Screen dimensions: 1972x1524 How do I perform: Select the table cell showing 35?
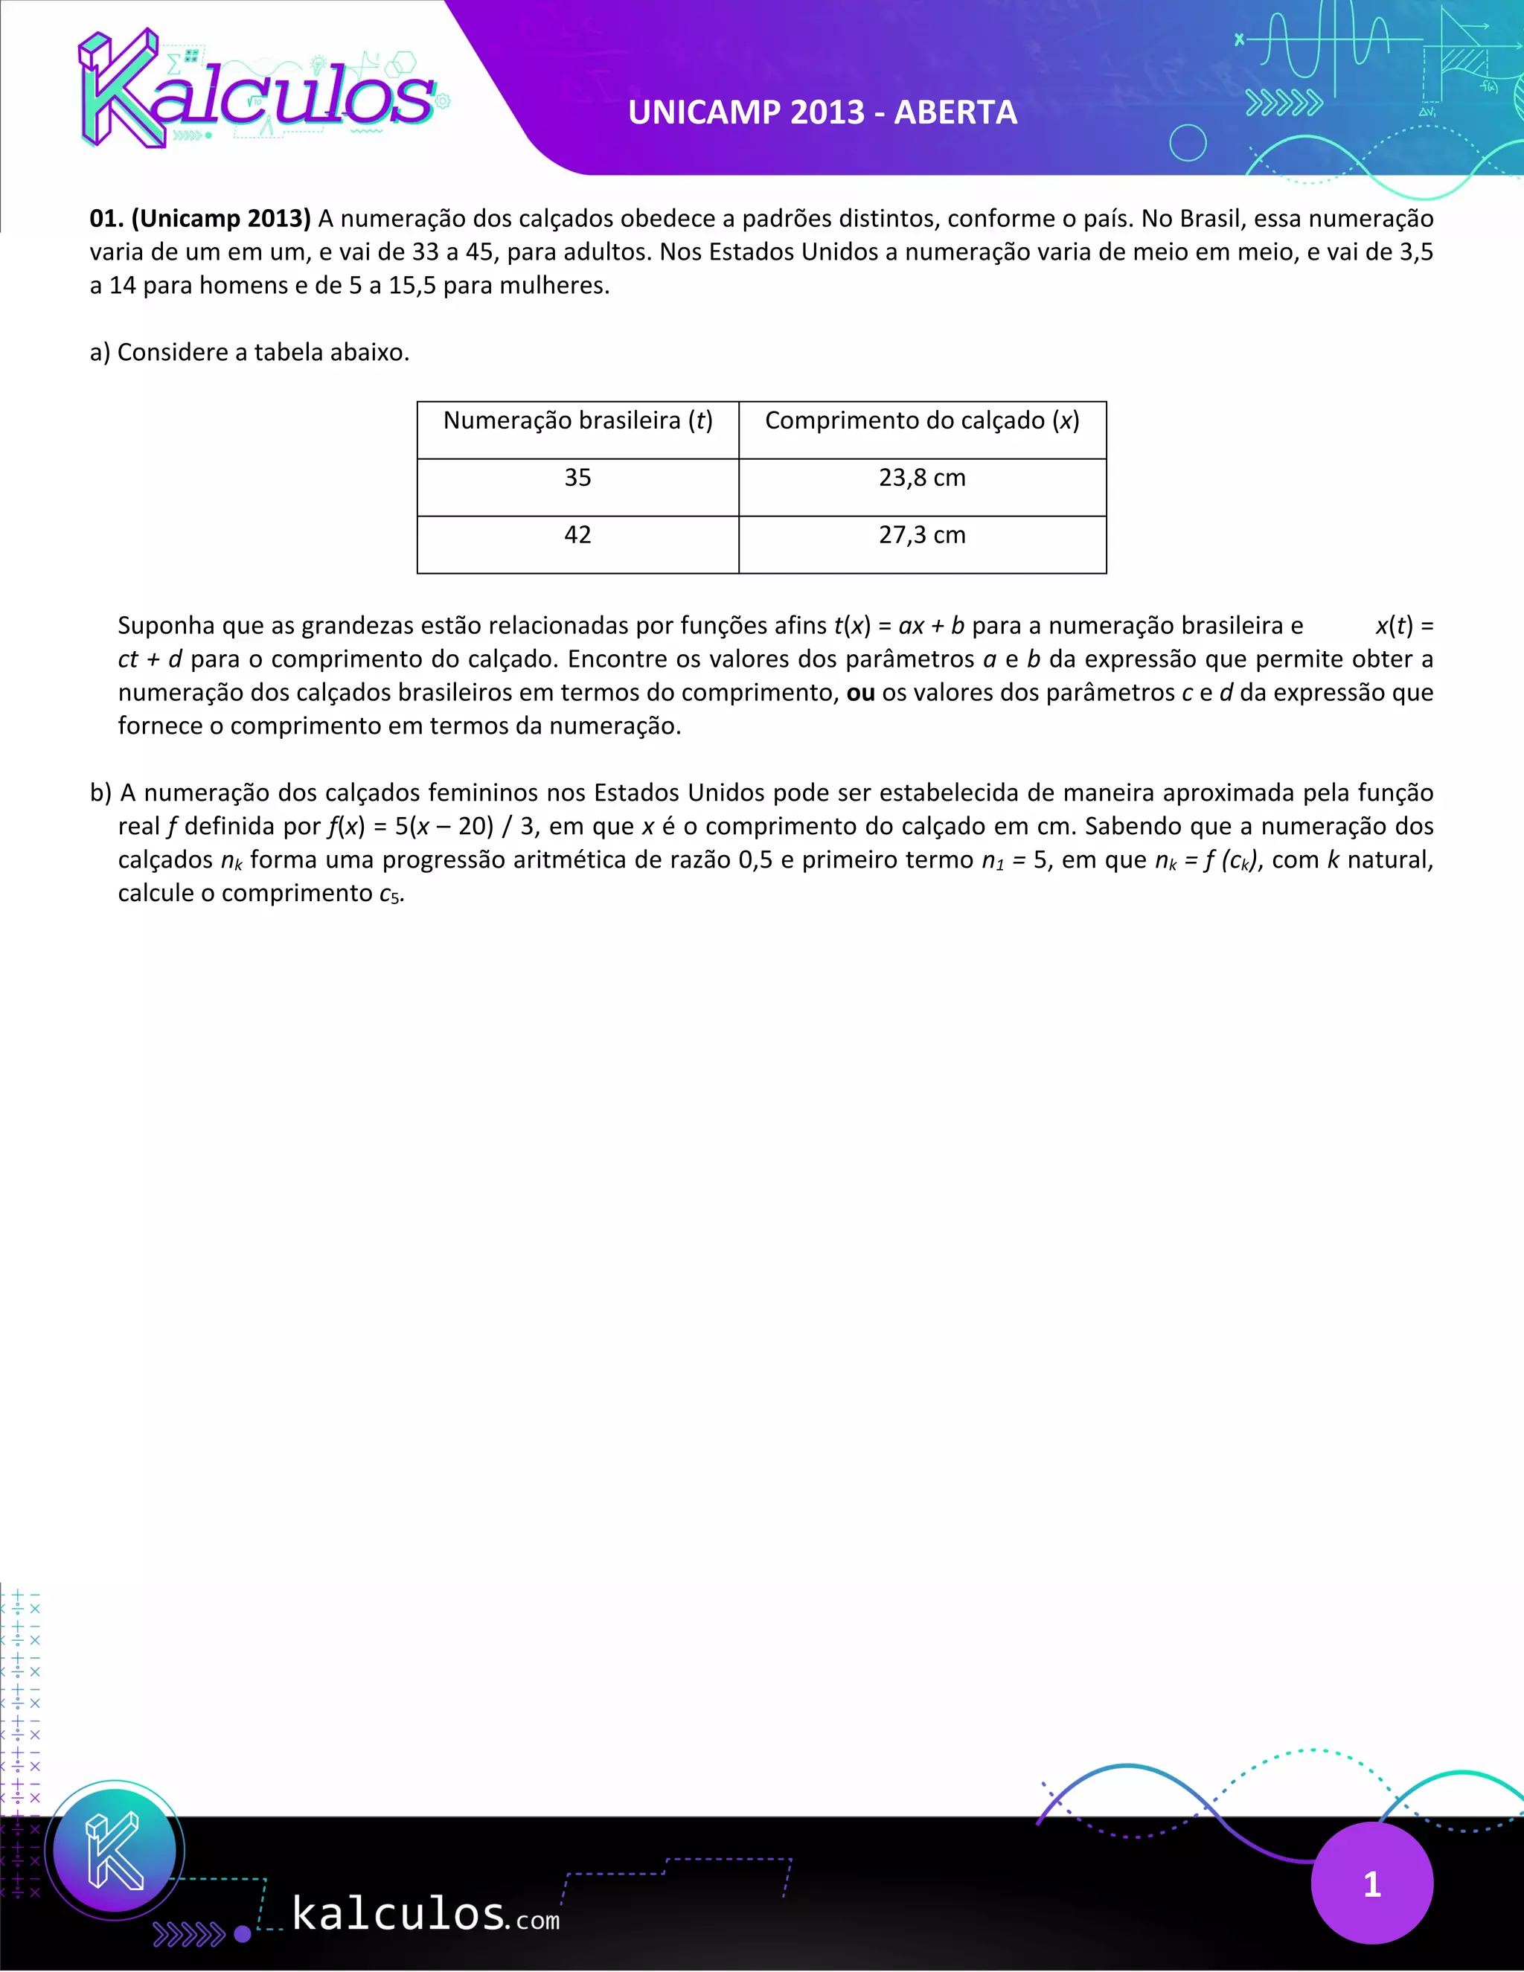(577, 478)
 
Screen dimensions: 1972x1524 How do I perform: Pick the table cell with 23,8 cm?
(922, 478)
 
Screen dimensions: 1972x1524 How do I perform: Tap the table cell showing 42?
(577, 536)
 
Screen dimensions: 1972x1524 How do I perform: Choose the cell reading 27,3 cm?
(922, 536)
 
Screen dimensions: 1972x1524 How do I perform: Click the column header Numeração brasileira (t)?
(577, 420)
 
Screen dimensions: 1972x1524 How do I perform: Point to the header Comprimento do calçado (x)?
(922, 420)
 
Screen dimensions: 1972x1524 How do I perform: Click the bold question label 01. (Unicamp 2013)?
(200, 219)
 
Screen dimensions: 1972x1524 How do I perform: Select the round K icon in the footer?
(115, 1849)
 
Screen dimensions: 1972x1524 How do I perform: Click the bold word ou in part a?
(860, 693)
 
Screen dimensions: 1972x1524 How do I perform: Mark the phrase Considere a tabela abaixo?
(263, 352)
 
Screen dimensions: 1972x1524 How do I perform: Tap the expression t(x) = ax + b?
(898, 626)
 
